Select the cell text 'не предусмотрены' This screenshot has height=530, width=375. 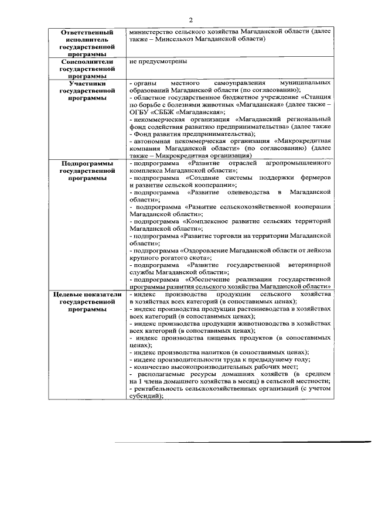pyautogui.click(x=155, y=61)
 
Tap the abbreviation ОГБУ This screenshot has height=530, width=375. pyautogui.click(x=141, y=112)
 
